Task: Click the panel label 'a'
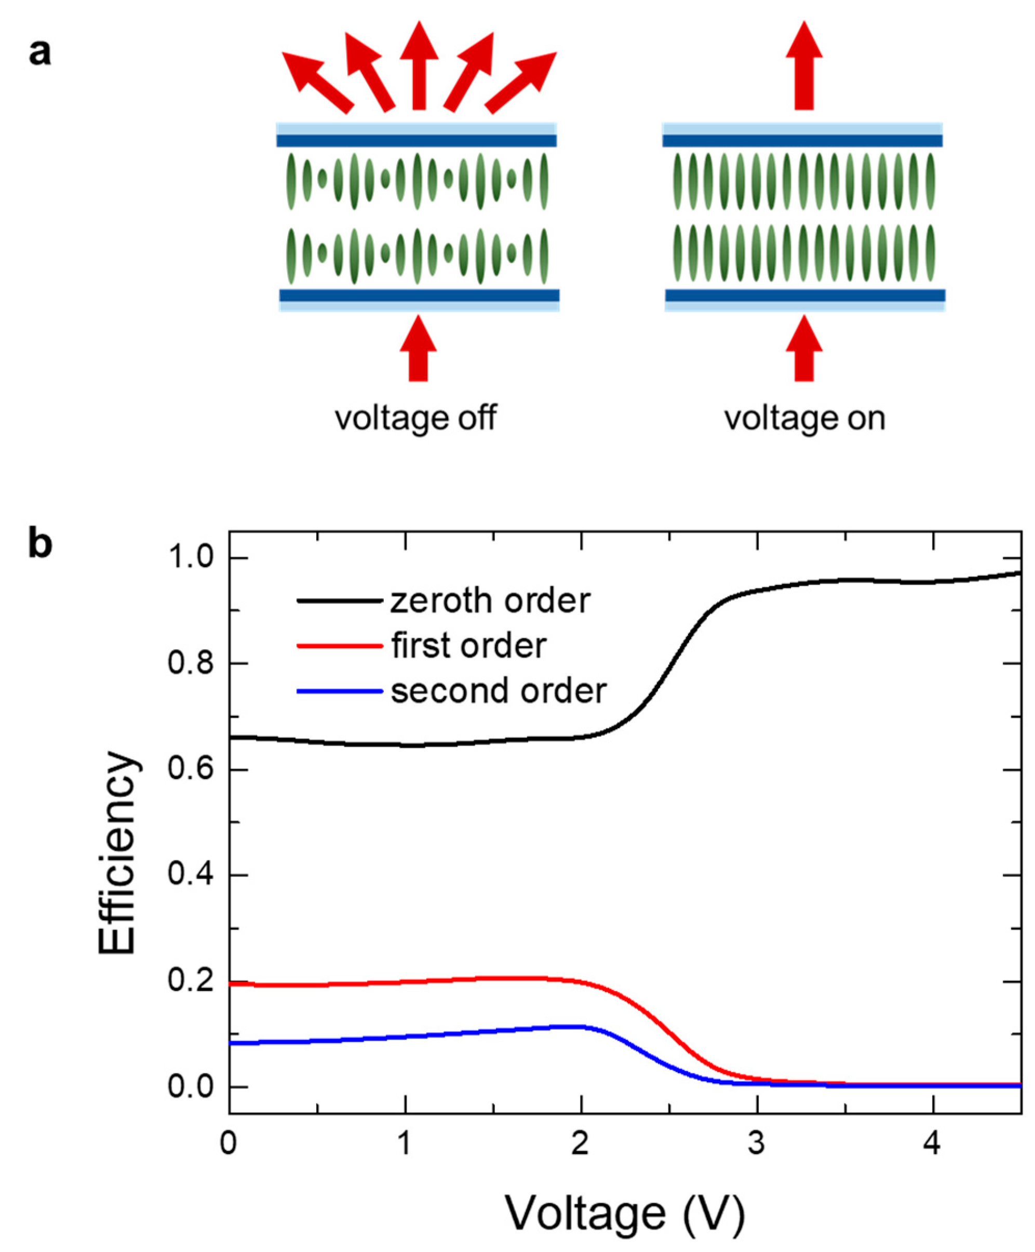[x=40, y=52]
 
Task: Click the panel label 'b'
[x=40, y=544]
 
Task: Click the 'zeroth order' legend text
[x=490, y=600]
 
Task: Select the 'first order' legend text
[x=468, y=645]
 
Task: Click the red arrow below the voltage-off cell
[x=418, y=349]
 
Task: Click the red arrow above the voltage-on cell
[x=804, y=65]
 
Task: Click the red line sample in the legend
[x=339, y=645]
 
